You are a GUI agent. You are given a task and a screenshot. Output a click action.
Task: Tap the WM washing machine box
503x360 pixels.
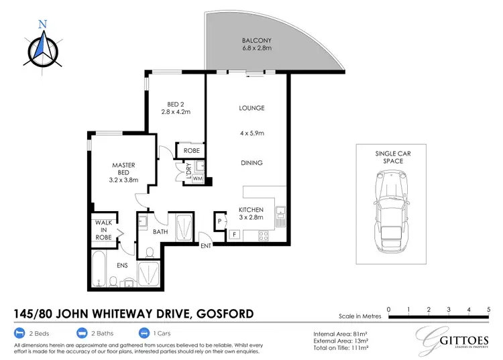tap(197, 179)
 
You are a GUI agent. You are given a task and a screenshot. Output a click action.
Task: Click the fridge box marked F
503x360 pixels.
tap(234, 234)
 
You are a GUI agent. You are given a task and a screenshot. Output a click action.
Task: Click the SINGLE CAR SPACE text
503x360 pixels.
tap(389, 158)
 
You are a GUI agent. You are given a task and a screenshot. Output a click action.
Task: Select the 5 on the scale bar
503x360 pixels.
tap(488, 308)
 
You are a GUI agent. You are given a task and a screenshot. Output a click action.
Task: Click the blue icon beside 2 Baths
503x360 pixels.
tap(82, 332)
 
